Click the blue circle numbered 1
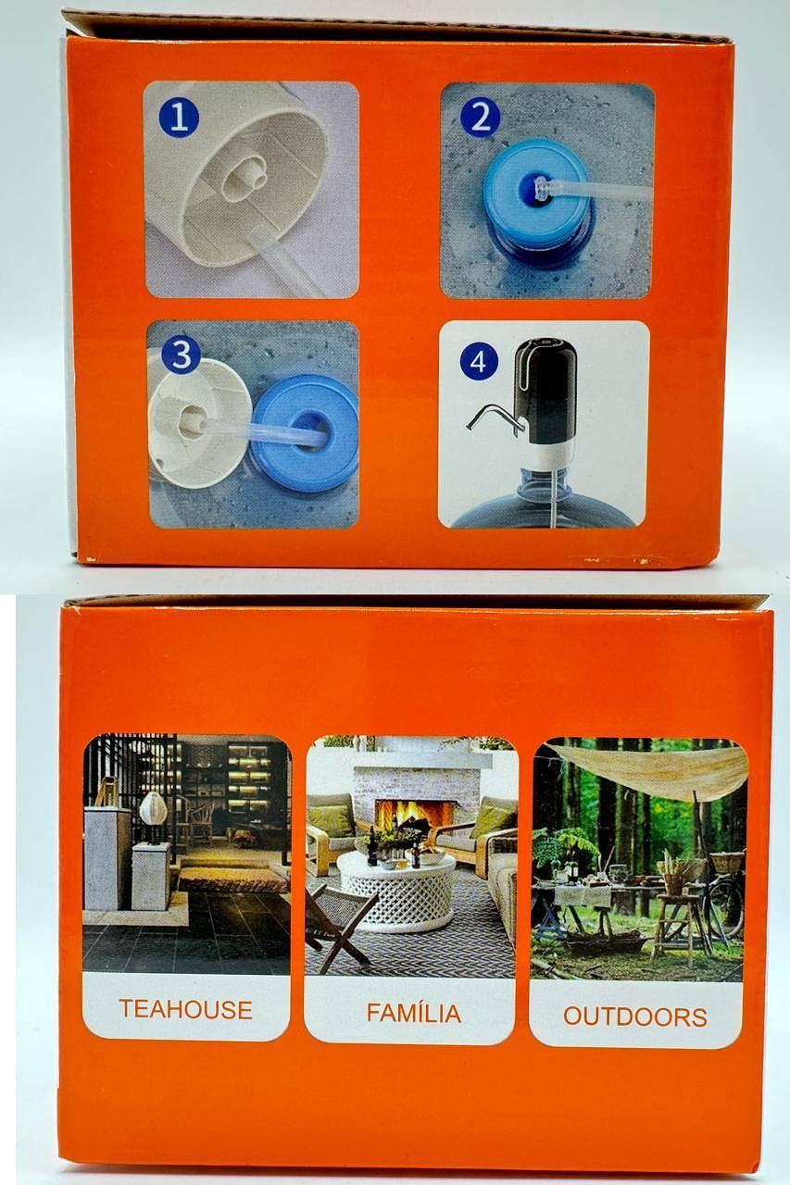click(x=179, y=118)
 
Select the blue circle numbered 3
click(x=181, y=355)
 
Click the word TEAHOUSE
click(x=186, y=1009)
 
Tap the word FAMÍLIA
click(x=414, y=1013)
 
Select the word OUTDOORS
click(x=635, y=1017)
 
